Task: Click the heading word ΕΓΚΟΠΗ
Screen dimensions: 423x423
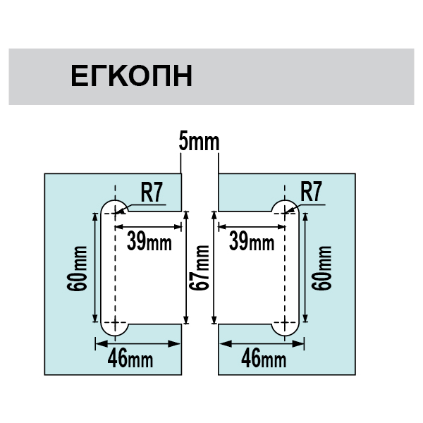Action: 131,76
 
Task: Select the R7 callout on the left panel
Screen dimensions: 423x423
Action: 152,192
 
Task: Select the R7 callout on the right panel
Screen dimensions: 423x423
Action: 311,192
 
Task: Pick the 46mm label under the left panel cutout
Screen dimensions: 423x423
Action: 130,359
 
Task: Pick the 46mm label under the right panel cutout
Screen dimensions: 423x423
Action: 264,359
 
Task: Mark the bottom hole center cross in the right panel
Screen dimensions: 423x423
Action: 286,326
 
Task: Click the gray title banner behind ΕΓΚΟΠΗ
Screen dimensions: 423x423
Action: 317,76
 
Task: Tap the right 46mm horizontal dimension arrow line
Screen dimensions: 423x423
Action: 263,343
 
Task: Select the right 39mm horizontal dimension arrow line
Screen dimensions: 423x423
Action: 252,226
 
